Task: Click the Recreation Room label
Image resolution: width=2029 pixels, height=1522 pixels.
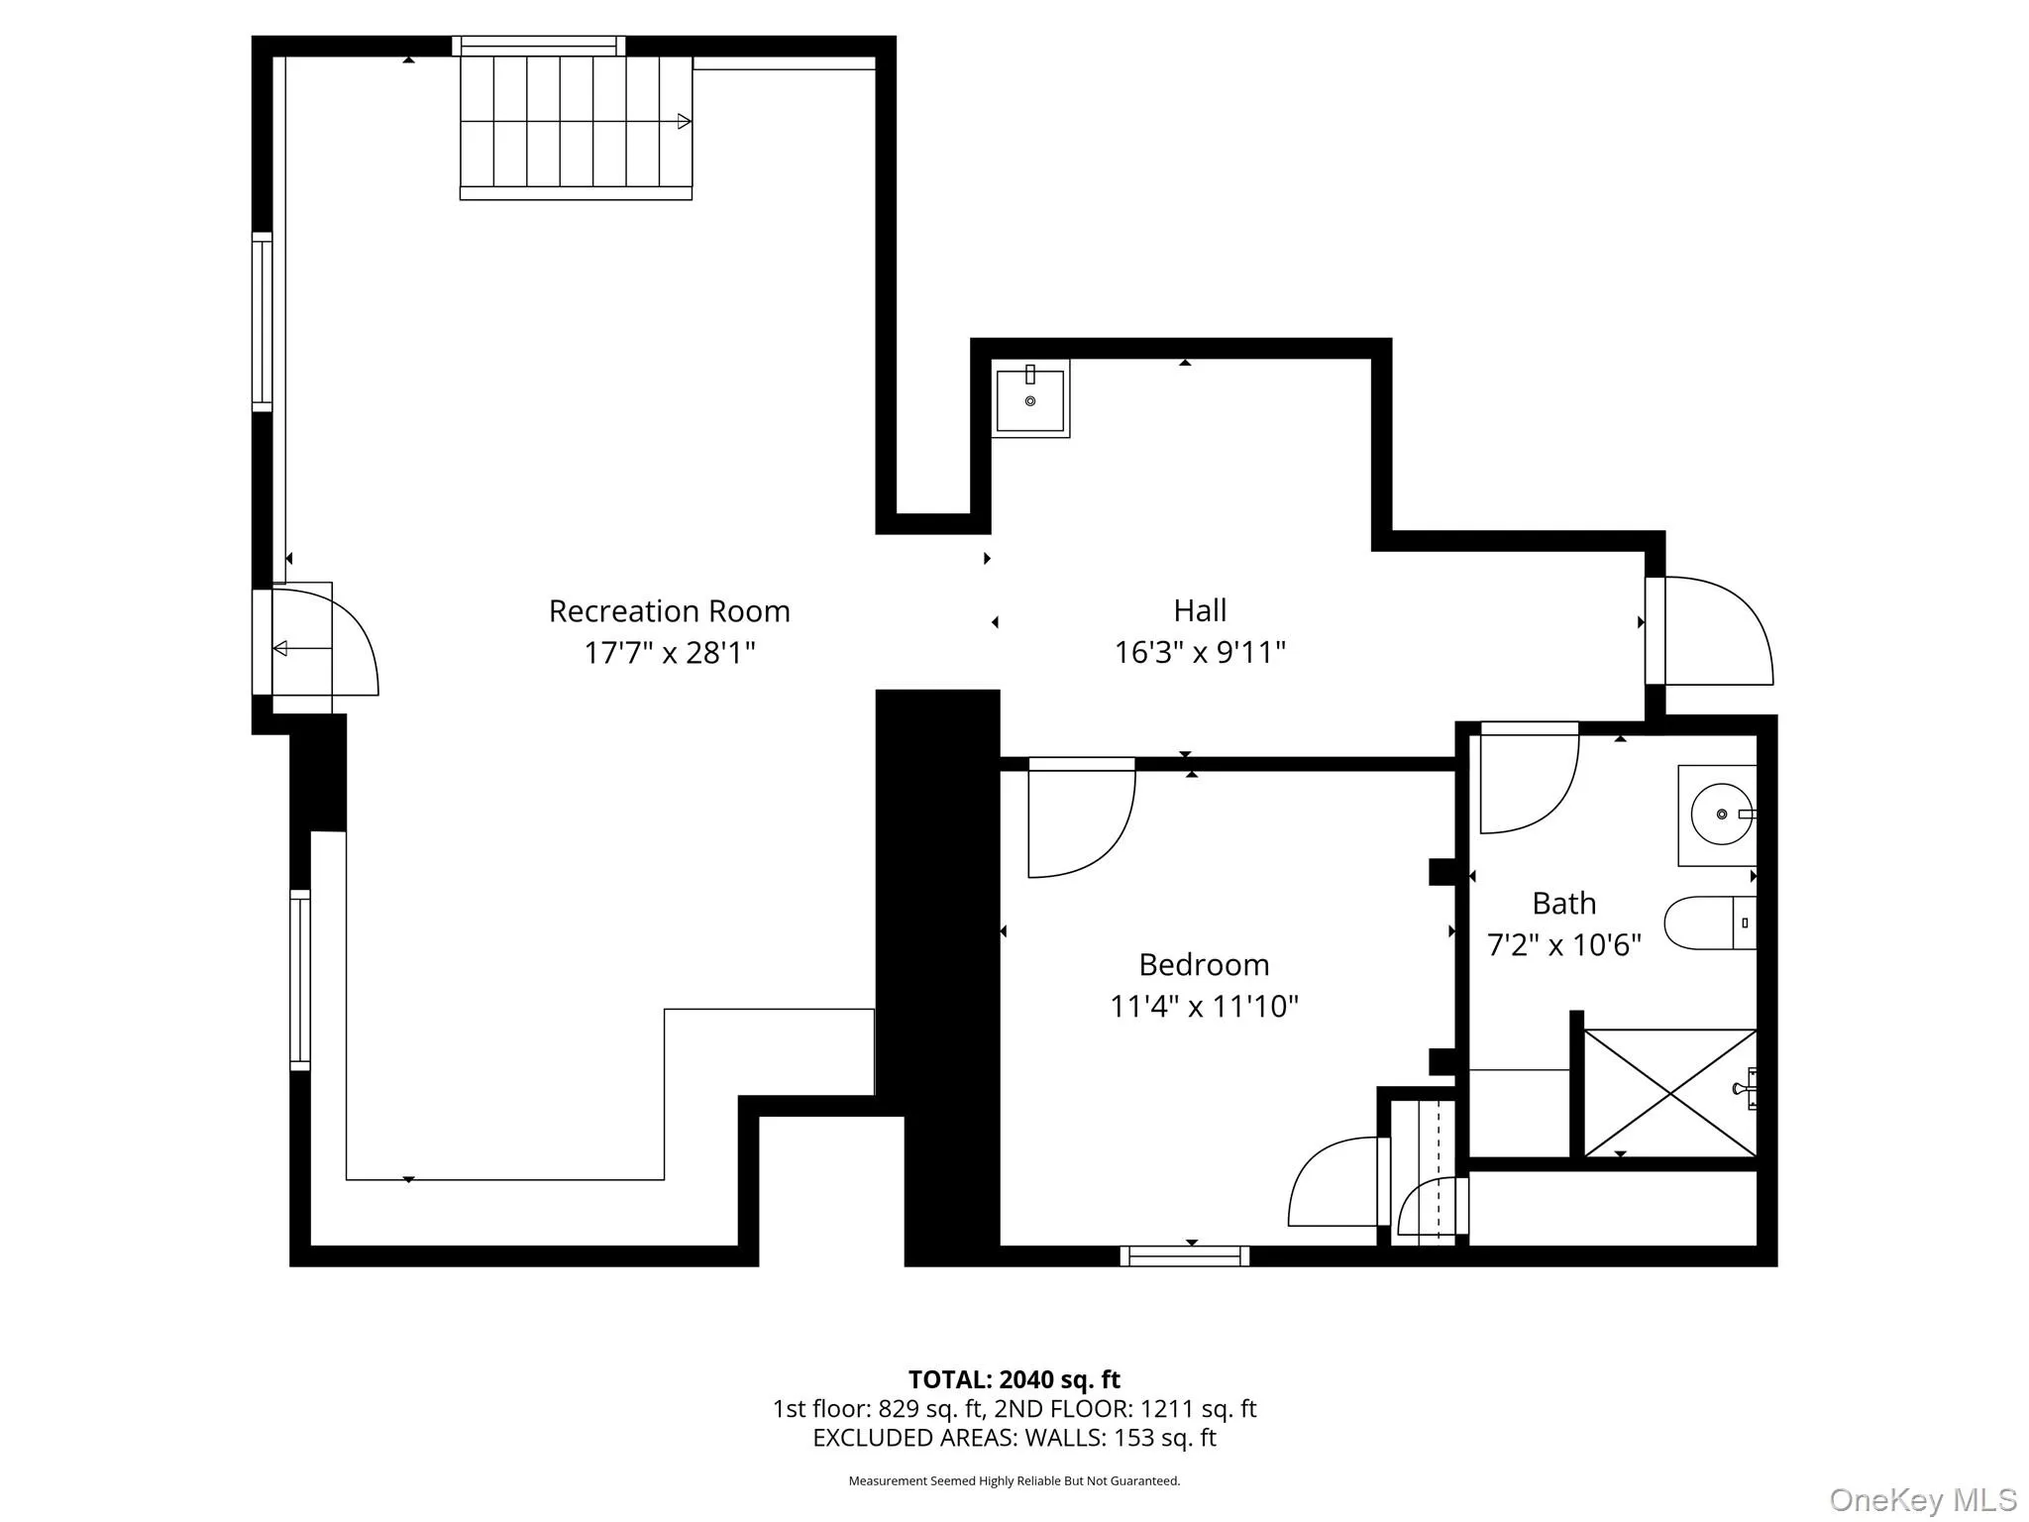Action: pos(670,611)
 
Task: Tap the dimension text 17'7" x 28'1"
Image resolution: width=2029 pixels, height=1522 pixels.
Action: pos(670,653)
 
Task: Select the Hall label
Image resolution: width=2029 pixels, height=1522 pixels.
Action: pos(1200,610)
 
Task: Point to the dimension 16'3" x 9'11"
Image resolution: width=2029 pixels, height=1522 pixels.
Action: pos(1200,652)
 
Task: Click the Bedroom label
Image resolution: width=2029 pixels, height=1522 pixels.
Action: pos(1204,964)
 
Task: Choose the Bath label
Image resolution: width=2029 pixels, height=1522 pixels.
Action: pos(1563,903)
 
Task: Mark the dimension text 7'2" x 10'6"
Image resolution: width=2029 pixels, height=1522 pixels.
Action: pos(1563,944)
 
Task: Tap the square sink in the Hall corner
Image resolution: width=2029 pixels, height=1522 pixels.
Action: pos(1030,399)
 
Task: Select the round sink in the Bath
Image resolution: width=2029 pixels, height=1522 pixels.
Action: pos(1721,814)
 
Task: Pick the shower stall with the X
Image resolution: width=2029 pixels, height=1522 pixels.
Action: pos(1670,1093)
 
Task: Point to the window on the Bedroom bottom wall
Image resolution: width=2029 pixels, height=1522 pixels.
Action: pos(1184,1255)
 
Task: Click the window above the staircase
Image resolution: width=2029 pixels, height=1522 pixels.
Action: pos(539,46)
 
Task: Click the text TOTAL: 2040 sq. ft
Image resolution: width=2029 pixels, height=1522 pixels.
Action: pos(1014,1379)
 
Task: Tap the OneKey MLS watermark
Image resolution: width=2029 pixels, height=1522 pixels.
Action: pos(1922,1499)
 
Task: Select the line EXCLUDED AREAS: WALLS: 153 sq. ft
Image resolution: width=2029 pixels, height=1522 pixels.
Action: pos(1014,1438)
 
